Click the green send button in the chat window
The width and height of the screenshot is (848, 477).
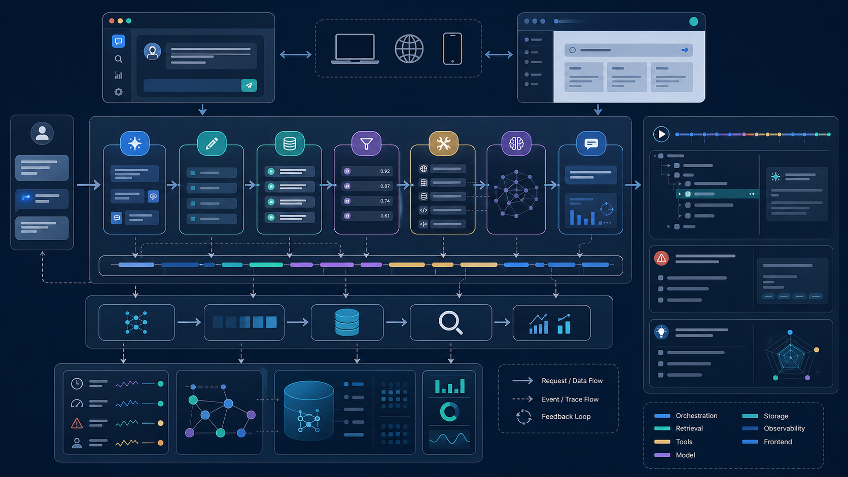tap(249, 86)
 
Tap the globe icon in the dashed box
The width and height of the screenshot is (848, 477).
tap(409, 49)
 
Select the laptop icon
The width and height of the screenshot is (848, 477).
tap(355, 49)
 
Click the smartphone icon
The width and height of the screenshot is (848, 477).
tap(452, 49)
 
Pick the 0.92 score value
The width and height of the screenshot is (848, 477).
tap(384, 171)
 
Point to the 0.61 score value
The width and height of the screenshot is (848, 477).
tap(384, 216)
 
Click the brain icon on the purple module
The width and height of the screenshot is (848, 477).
tap(516, 143)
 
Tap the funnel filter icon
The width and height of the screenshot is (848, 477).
tap(366, 144)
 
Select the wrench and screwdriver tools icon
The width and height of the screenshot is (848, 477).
tap(443, 143)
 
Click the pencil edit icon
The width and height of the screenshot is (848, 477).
tap(211, 143)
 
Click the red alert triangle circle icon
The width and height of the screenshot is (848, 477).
tap(661, 259)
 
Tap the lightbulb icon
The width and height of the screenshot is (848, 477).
tap(661, 332)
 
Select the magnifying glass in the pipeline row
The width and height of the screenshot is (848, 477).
tap(450, 322)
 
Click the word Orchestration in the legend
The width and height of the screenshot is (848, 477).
tap(696, 416)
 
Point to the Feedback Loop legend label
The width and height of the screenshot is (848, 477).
tap(566, 417)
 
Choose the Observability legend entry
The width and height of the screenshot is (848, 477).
tap(784, 428)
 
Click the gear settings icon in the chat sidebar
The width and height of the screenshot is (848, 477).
tap(119, 92)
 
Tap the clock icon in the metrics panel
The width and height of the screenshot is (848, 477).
tap(77, 384)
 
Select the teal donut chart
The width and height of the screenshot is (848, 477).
tap(449, 412)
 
